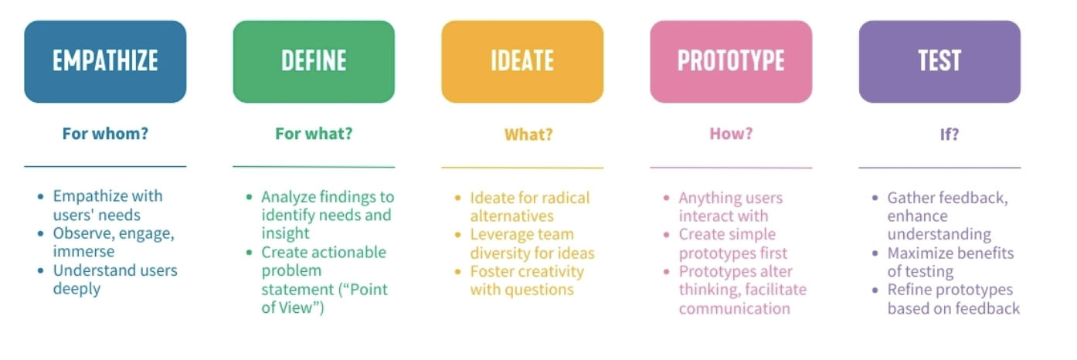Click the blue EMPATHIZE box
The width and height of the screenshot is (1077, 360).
[x=105, y=62]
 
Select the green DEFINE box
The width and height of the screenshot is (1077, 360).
[x=314, y=62]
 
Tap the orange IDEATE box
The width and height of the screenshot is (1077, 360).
[x=522, y=62]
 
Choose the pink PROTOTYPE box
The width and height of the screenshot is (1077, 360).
[x=732, y=62]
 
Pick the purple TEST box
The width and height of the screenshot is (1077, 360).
[x=940, y=62]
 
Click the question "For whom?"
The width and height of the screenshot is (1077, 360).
[x=105, y=134]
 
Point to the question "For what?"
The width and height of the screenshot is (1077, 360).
[x=314, y=134]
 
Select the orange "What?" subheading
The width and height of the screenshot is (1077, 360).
[x=528, y=134]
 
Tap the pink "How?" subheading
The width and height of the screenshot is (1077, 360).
[x=732, y=134]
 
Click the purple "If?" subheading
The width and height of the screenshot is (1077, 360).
[x=950, y=134]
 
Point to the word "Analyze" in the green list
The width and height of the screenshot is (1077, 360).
[x=289, y=198]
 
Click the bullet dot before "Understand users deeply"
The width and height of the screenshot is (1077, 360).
[x=40, y=270]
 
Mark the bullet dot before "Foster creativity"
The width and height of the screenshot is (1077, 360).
[x=457, y=272]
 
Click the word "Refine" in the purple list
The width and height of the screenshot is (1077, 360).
[x=909, y=290]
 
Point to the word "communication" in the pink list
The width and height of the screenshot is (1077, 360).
[x=735, y=308]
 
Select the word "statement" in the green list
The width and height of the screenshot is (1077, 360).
[x=297, y=290]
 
